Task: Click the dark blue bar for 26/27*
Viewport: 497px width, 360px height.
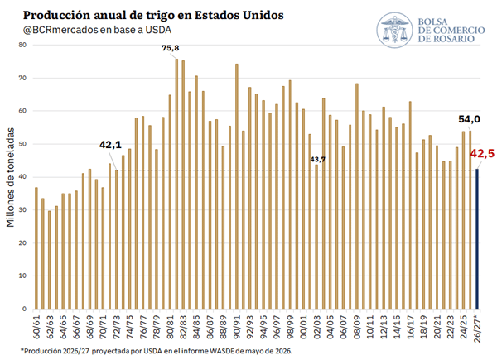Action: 477,238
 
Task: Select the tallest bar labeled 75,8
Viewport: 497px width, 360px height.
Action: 176,184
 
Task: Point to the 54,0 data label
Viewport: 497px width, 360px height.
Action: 469,119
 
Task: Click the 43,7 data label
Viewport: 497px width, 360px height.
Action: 317,159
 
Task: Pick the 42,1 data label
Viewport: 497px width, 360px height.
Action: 110,145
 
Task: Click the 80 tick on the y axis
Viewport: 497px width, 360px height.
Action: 22,45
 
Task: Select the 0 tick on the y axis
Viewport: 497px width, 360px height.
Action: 24,309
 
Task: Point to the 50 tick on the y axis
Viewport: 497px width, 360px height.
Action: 22,144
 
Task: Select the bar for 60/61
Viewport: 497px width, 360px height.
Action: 36,248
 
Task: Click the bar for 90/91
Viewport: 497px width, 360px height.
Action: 236,186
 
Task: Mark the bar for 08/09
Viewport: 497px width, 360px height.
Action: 357,196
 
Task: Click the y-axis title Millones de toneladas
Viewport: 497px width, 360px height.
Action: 11,177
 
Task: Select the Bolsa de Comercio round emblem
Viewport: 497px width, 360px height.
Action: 394,30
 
